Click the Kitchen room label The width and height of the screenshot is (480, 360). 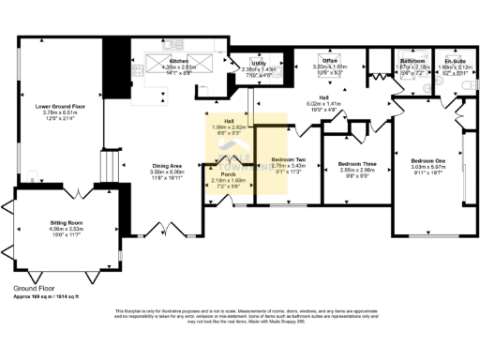tap(179, 60)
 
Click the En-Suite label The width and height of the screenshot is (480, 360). tap(455, 61)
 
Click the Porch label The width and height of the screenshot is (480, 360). tap(227, 174)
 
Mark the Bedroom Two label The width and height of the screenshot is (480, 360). tap(288, 160)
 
